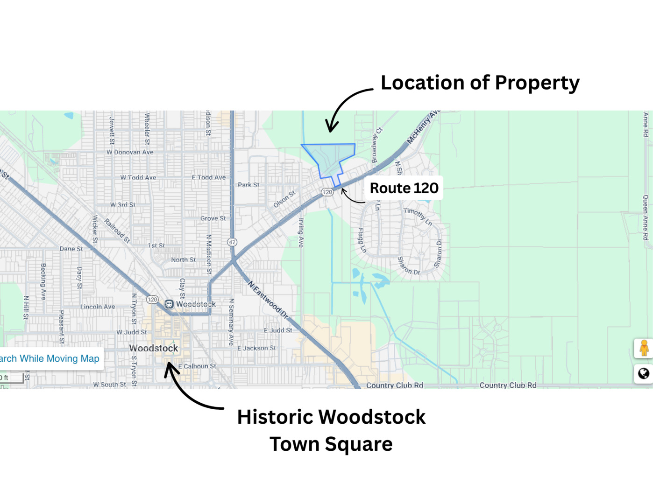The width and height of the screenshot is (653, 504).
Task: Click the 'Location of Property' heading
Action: pyautogui.click(x=480, y=83)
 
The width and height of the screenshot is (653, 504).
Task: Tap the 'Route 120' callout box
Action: pyautogui.click(x=404, y=188)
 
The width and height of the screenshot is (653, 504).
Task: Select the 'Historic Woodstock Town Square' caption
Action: pyautogui.click(x=331, y=430)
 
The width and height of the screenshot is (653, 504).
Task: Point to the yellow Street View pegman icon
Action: pyautogui.click(x=644, y=348)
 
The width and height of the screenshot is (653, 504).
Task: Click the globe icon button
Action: pyautogui.click(x=644, y=373)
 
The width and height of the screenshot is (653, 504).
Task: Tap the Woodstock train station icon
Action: pyautogui.click(x=169, y=304)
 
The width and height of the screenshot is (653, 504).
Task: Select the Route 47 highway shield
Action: pyautogui.click(x=232, y=242)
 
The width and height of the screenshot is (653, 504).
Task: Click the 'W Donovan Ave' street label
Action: pyautogui.click(x=130, y=152)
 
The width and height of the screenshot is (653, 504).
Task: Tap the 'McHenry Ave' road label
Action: pyautogui.click(x=423, y=127)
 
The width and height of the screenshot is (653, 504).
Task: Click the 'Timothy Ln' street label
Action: pyautogui.click(x=418, y=216)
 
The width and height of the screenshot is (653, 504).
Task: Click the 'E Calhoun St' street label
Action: pyautogui.click(x=197, y=366)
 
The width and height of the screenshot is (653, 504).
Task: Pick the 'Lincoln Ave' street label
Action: pyautogui.click(x=98, y=307)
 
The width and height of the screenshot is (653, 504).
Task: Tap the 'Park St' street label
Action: pyautogui.click(x=248, y=185)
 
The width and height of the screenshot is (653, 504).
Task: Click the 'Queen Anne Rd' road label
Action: pyautogui.click(x=646, y=217)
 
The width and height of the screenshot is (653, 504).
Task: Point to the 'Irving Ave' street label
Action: pyautogui.click(x=301, y=232)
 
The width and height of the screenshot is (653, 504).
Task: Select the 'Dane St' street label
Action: pyautogui.click(x=71, y=249)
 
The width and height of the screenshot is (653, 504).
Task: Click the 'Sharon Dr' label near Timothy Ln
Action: pyautogui.click(x=438, y=253)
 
